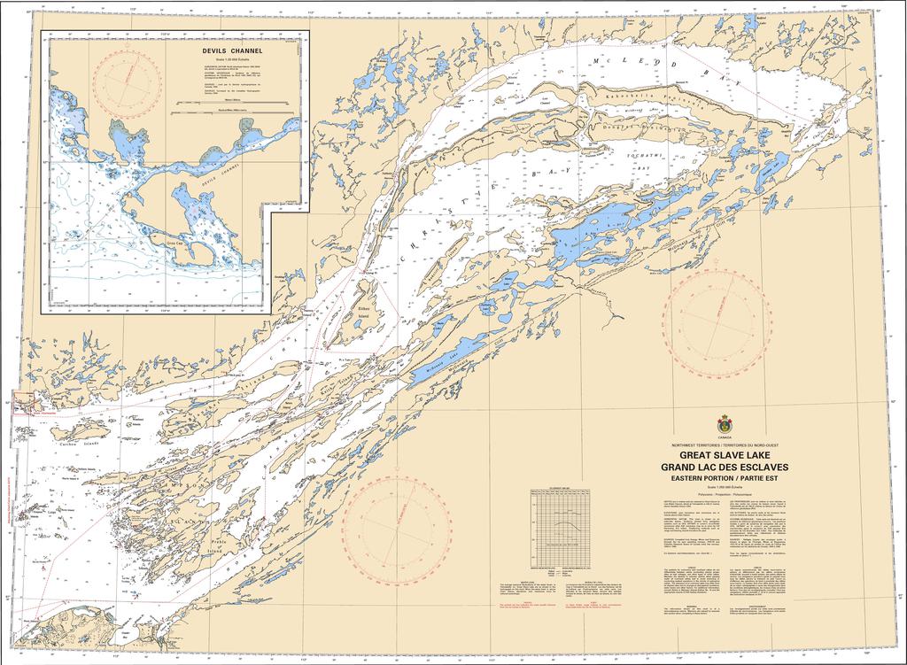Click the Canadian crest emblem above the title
coord(725,425)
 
